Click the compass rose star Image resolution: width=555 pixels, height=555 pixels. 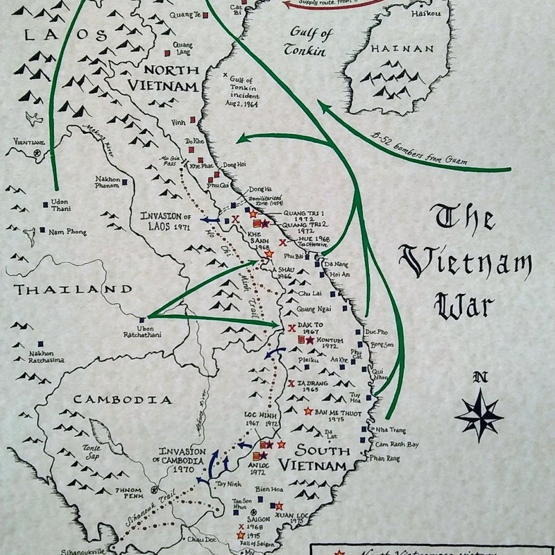pyautogui.click(x=479, y=414)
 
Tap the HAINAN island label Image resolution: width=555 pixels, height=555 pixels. pyautogui.click(x=402, y=49)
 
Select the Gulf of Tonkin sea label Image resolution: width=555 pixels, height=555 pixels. pyautogui.click(x=308, y=41)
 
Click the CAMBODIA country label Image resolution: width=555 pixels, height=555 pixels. pyautogui.click(x=122, y=400)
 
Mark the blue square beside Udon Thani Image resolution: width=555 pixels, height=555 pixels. pyautogui.click(x=46, y=204)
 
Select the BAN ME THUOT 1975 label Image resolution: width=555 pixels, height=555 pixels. pyautogui.click(x=340, y=414)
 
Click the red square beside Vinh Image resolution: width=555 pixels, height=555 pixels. pyautogui.click(x=194, y=120)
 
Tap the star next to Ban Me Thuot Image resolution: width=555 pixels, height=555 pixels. pyautogui.click(x=307, y=411)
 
